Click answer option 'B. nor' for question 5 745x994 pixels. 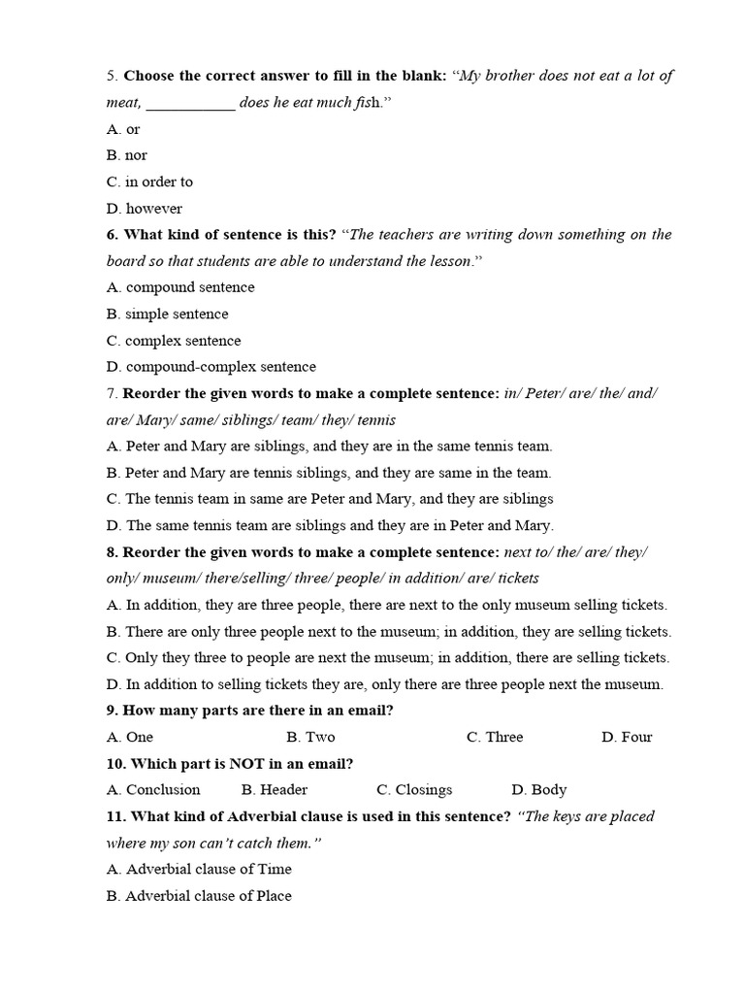pos(127,155)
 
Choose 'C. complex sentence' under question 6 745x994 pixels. pos(174,341)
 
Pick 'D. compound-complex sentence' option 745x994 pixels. pos(211,367)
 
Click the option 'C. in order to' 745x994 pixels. pos(149,182)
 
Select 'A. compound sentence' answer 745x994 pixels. pos(180,287)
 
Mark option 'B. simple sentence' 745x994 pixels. pos(168,315)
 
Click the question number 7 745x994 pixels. pos(112,394)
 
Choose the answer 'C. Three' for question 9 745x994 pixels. pos(495,737)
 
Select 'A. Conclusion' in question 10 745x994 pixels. pos(153,790)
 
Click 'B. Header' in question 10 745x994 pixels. pos(275,790)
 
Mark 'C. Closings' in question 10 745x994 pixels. pos(414,790)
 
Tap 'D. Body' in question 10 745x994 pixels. pos(538,790)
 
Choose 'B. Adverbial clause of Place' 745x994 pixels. pos(199,896)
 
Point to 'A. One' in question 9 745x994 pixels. pos(130,737)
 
